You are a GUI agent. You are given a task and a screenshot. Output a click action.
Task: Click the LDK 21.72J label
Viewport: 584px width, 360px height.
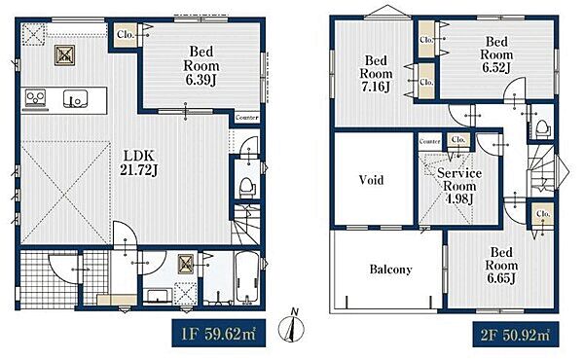139,162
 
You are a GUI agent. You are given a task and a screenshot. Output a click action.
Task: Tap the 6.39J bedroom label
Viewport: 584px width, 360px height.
201,66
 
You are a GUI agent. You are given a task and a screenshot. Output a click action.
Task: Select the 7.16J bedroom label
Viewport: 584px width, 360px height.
376,73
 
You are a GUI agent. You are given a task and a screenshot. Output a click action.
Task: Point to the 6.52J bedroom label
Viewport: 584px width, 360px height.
496,54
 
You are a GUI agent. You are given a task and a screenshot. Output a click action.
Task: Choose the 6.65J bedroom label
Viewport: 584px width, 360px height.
501,266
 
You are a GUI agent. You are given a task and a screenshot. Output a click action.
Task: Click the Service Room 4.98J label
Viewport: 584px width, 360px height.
459,186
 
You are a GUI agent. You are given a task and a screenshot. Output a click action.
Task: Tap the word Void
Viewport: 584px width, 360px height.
371,180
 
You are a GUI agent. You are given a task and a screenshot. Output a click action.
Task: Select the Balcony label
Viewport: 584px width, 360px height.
390,270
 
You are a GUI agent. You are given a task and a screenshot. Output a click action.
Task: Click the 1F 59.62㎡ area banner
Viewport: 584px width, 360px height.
219,333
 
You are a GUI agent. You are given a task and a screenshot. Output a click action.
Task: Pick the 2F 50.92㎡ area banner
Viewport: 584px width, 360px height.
516,335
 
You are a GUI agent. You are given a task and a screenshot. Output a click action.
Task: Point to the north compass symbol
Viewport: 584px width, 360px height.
292,327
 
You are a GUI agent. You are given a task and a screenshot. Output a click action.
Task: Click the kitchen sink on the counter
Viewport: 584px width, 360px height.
75,98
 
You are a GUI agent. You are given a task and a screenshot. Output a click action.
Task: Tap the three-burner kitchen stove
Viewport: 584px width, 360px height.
35,98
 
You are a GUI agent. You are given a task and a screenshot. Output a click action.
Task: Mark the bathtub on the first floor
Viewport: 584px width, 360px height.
247,278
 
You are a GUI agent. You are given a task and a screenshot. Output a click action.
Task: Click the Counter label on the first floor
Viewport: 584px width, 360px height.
247,118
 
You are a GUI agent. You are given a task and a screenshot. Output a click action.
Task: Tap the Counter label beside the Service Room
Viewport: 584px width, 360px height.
430,141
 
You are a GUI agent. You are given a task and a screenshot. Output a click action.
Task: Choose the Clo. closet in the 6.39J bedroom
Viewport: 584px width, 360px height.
126,35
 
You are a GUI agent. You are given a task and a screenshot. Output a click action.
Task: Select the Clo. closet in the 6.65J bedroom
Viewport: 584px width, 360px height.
543,214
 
